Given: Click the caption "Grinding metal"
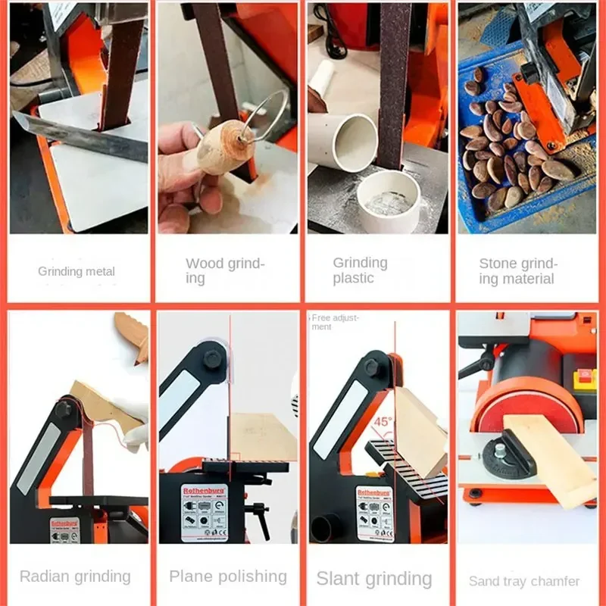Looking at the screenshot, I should [77, 271].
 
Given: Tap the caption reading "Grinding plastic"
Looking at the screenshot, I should [360, 270].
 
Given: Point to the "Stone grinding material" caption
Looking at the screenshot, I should [518, 271].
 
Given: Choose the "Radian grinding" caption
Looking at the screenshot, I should [75, 576].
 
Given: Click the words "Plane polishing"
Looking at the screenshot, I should [228, 576].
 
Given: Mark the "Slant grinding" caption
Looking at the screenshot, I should [373, 579].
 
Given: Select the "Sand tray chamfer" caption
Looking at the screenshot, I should [523, 581].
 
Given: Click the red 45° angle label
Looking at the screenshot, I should [386, 421].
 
